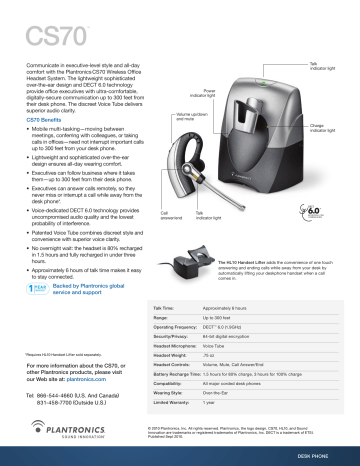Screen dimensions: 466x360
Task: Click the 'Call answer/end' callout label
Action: tap(171, 215)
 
